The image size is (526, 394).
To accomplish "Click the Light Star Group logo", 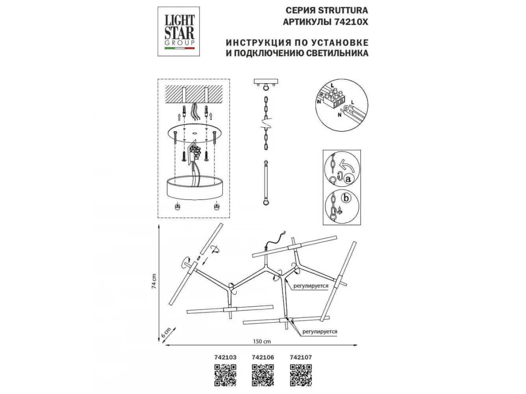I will click(179, 31).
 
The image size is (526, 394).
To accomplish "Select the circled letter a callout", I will click(348, 179).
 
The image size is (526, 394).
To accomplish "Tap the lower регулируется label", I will click(319, 332).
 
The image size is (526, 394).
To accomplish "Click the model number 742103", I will click(225, 357).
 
